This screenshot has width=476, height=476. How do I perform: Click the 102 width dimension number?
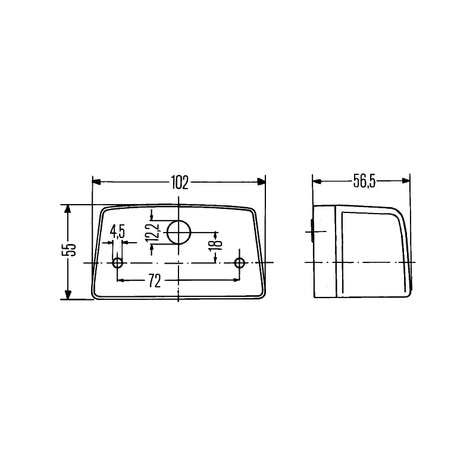pyautogui.click(x=180, y=183)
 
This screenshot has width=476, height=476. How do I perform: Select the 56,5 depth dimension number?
pyautogui.click(x=365, y=182)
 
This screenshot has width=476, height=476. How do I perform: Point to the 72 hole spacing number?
pyautogui.click(x=155, y=281)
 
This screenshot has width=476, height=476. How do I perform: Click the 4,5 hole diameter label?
pyautogui.click(x=117, y=231)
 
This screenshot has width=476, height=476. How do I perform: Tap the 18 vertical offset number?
pyautogui.click(x=216, y=244)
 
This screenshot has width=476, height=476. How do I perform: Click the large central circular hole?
pyautogui.click(x=179, y=232)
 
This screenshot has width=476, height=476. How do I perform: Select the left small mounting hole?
pyautogui.click(x=117, y=263)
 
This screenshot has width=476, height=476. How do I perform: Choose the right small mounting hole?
pyautogui.click(x=240, y=263)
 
